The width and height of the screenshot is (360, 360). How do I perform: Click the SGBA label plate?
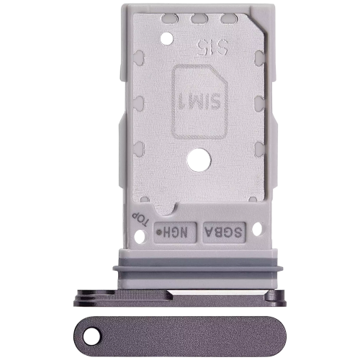tap(225, 232)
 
